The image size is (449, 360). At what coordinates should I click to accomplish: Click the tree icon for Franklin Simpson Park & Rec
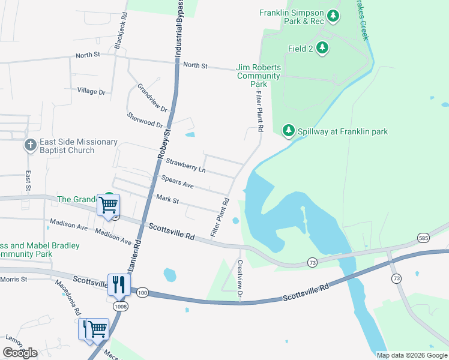(334, 17)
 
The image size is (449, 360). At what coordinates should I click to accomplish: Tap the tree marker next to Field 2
(322, 47)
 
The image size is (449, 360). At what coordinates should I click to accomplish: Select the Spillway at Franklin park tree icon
(288, 131)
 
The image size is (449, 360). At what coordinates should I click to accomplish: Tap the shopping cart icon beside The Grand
(108, 205)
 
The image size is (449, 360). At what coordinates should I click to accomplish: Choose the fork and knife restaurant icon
(118, 284)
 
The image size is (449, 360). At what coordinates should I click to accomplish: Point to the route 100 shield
(142, 292)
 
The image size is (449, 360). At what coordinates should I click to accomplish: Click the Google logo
(20, 352)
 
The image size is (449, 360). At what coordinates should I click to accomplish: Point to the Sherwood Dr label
(145, 119)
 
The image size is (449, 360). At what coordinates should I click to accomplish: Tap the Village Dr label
(91, 92)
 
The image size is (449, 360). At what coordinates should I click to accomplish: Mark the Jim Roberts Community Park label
(259, 76)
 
